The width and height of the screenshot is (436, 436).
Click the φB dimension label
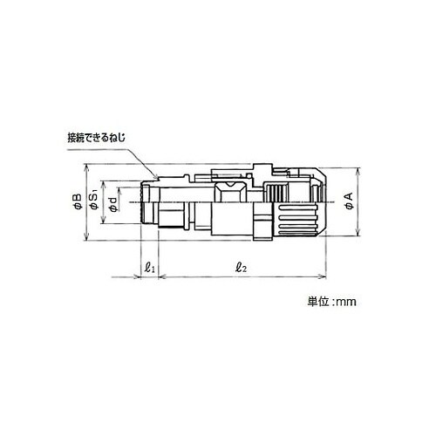coord(77,201)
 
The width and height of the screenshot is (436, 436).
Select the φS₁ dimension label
coord(94,201)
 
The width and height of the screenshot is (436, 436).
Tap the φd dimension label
coord(113,204)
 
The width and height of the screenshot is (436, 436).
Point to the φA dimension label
coord(349,201)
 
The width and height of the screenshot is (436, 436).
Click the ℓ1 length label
coord(149,267)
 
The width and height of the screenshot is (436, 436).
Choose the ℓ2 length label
coord(242,267)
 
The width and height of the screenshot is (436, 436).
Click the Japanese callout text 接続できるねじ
coord(97,137)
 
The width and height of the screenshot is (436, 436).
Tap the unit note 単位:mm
coord(331,302)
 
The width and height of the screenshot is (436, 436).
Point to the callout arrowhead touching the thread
coord(156,175)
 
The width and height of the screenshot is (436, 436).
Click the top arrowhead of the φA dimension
coord(358,171)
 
